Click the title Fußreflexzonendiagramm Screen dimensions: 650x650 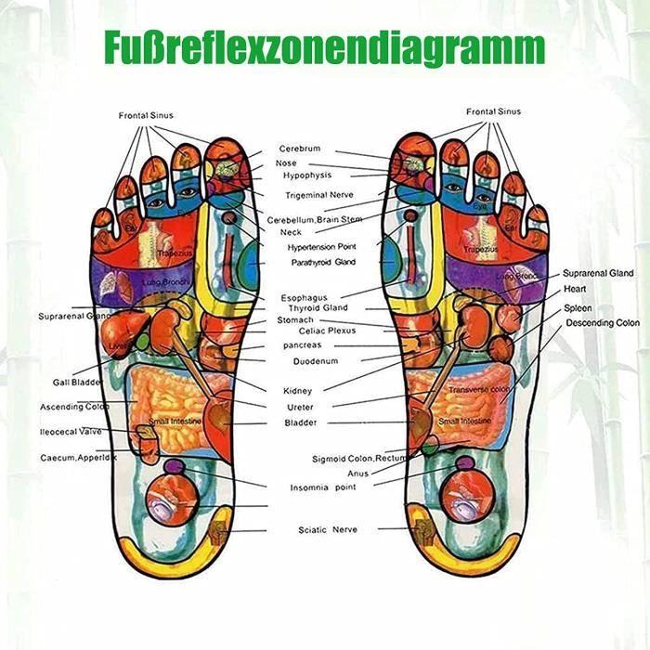[325, 45]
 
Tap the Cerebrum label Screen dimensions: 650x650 [300, 149]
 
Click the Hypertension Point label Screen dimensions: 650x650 [321, 247]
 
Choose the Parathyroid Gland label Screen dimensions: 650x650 [321, 262]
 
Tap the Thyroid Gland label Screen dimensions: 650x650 [318, 307]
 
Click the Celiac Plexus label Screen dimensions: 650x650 [327, 331]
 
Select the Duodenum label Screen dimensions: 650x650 [315, 360]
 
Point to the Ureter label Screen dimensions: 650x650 [300, 407]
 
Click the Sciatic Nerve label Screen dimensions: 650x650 [327, 530]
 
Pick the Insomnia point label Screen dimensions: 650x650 [323, 487]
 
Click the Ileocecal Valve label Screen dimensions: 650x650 [71, 431]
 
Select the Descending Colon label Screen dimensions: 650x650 [603, 323]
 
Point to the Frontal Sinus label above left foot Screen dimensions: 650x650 [146, 115]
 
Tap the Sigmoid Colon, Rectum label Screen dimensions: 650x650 [359, 459]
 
